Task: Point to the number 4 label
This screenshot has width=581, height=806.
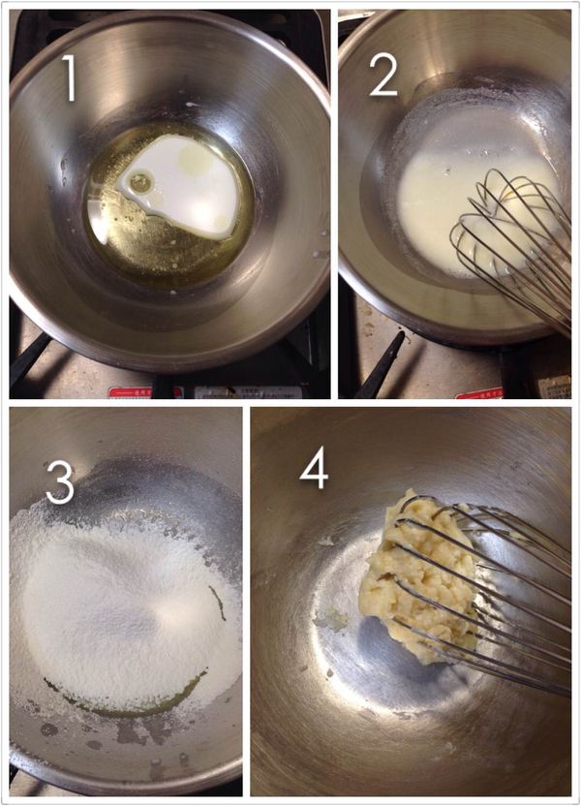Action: [x=314, y=469]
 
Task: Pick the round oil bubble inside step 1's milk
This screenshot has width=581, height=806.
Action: [x=141, y=180]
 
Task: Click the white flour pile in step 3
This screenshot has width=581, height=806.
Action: [x=116, y=601]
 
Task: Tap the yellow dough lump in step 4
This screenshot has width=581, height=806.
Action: [x=412, y=572]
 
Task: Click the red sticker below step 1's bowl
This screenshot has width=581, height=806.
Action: [x=131, y=392]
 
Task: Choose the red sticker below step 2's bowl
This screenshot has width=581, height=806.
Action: [x=478, y=393]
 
